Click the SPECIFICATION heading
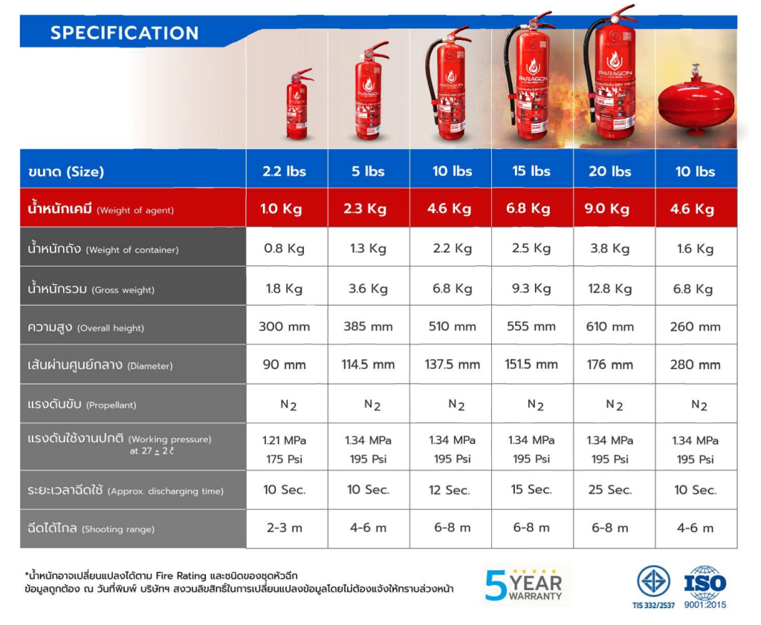[x=124, y=33]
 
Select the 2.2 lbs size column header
[x=284, y=171]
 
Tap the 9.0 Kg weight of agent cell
[x=609, y=209]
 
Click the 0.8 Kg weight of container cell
[x=284, y=249]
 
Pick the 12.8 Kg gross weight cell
[x=609, y=289]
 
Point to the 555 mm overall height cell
[x=531, y=327]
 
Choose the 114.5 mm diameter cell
[x=368, y=364]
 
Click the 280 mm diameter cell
[x=695, y=364]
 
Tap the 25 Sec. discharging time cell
[x=609, y=490]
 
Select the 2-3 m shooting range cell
[x=284, y=528]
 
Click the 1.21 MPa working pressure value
[x=284, y=440]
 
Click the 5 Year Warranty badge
[x=524, y=584]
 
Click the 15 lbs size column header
[x=531, y=171]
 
